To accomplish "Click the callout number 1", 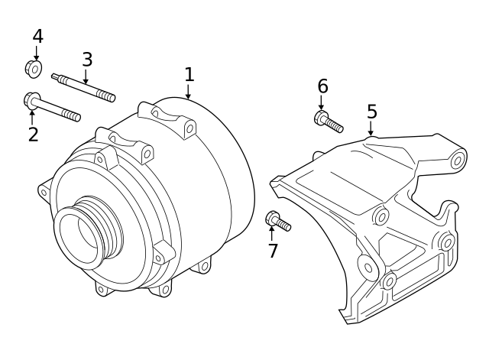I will [x=189, y=75].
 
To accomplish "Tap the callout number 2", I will [x=33, y=135].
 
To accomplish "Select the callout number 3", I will [x=87, y=60].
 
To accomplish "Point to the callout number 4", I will [x=37, y=36].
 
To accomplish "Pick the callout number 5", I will [x=371, y=112].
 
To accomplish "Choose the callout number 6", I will [x=322, y=86].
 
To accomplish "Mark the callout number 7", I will [x=273, y=251].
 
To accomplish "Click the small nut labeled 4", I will [x=34, y=69].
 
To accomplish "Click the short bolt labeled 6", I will [x=329, y=122].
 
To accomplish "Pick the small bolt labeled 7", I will [x=278, y=222].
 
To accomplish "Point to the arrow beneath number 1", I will [x=189, y=92].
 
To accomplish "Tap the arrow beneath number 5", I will [x=371, y=129].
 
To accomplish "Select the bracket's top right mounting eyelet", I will [x=458, y=160].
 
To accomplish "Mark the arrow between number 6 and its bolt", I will [x=322, y=103].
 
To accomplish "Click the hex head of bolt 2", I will [x=32, y=100].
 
